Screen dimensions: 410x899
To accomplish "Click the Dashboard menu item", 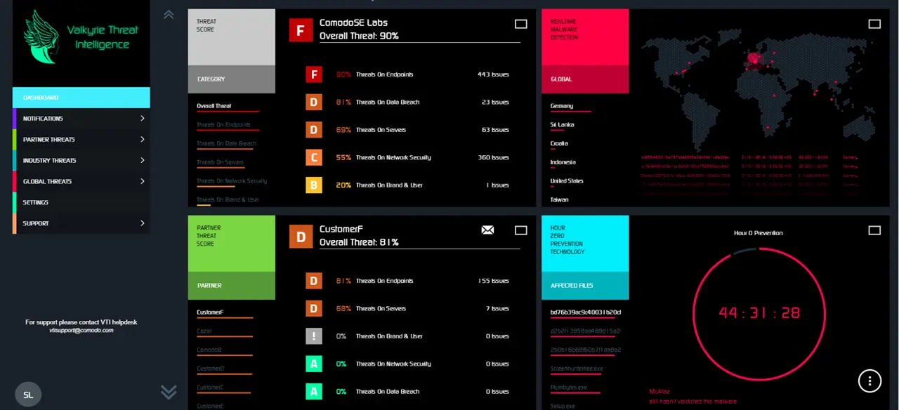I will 41,98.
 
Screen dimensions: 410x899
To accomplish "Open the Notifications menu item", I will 43,119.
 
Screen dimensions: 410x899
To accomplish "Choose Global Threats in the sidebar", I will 47,182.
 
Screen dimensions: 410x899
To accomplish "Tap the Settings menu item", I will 36,203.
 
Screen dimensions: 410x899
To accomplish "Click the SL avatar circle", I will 28,395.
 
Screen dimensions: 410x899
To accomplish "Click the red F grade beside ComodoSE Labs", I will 301,31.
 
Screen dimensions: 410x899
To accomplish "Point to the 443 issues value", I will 493,74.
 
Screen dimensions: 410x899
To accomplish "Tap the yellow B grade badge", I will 314,185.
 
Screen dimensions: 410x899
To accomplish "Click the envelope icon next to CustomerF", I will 487,230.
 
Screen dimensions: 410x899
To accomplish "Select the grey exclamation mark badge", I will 314,336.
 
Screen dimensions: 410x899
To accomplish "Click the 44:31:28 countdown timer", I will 759,313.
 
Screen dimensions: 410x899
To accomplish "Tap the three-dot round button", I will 870,381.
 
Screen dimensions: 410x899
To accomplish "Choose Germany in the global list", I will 562,106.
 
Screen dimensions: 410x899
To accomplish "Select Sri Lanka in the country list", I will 562,125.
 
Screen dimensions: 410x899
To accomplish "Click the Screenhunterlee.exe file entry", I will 577,369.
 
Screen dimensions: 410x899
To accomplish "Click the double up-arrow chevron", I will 169,14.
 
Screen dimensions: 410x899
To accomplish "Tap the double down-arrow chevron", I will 169,392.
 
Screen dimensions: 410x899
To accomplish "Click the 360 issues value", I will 493,157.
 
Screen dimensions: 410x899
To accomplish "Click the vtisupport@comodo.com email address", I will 81,330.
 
